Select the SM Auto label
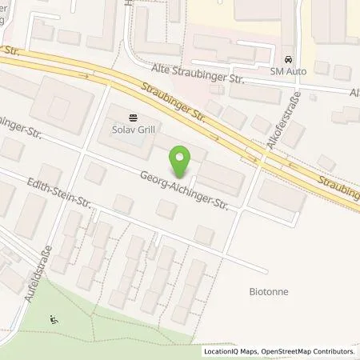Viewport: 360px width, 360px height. [289, 72]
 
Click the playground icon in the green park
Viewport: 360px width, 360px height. [54, 318]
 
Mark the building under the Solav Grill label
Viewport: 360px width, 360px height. [128, 140]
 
